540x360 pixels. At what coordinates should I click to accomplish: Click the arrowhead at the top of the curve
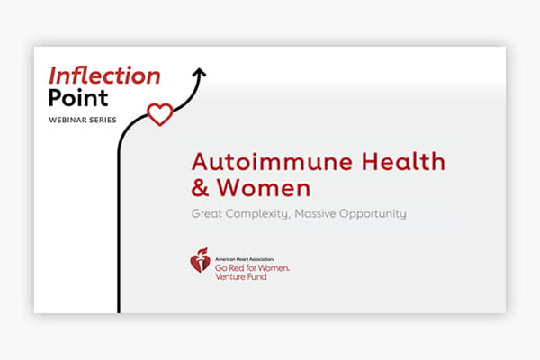[x=200, y=74]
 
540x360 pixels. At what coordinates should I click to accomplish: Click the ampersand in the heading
[x=199, y=190]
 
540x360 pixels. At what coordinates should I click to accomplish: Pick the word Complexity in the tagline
[x=269, y=217]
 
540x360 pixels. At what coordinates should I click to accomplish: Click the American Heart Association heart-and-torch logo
[x=200, y=260]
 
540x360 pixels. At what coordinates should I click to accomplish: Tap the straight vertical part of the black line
[x=120, y=225]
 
